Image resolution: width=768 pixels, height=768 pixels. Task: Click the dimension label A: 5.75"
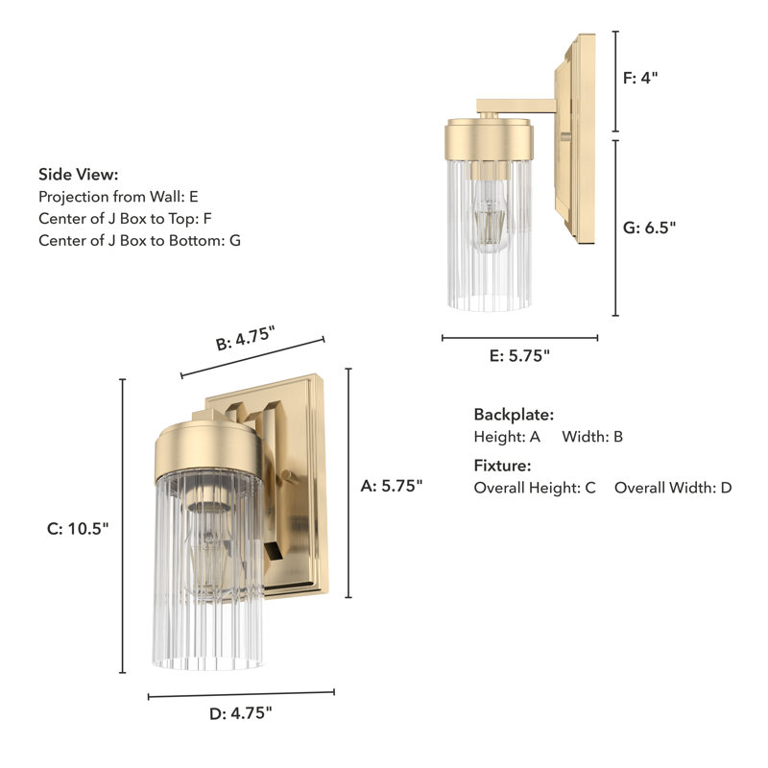[x=392, y=486]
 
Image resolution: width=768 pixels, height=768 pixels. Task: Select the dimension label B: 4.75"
[x=245, y=339]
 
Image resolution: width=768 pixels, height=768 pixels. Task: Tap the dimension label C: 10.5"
[x=78, y=528]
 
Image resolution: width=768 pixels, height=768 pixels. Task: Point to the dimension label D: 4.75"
[x=241, y=712]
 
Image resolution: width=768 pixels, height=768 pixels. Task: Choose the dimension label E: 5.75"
[x=519, y=355]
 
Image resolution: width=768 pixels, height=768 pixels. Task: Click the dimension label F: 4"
[x=640, y=79]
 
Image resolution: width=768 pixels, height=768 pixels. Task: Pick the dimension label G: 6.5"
[x=649, y=228]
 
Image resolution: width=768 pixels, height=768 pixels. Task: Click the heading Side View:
[x=79, y=174]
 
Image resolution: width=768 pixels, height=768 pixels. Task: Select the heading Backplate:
[x=514, y=415]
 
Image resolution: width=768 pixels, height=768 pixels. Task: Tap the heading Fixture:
[x=502, y=466]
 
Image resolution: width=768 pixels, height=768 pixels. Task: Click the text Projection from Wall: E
[x=118, y=196]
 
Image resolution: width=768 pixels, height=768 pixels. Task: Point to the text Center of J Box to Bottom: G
[x=139, y=240]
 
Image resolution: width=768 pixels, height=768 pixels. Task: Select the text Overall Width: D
[x=673, y=488]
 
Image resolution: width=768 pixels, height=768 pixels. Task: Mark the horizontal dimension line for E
[x=519, y=337]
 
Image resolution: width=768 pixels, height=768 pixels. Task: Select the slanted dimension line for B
[x=252, y=357]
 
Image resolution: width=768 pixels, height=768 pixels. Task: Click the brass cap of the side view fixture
[x=489, y=138]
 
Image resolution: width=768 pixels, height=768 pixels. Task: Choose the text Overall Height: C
[x=535, y=488]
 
